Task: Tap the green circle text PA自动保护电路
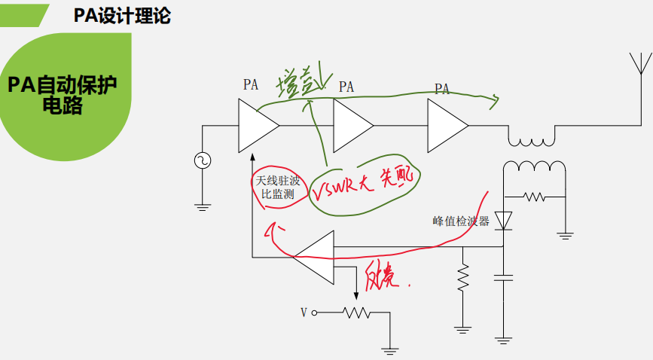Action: tap(63, 94)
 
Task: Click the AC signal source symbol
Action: tap(203, 160)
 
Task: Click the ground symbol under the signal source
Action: tap(203, 203)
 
